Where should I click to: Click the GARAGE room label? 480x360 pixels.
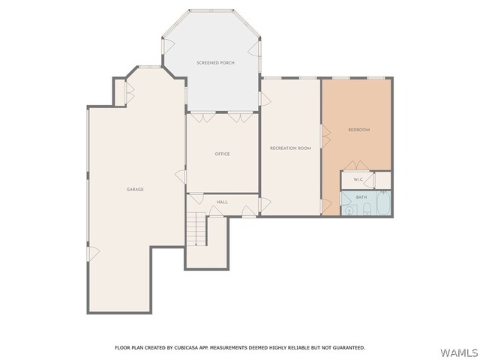pyautogui.click(x=135, y=190)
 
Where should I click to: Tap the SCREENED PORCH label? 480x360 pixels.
pyautogui.click(x=215, y=63)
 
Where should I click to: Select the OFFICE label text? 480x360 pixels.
pyautogui.click(x=222, y=154)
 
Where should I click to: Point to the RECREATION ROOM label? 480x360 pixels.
pyautogui.click(x=290, y=148)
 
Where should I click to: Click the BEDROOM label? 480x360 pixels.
pyautogui.click(x=359, y=130)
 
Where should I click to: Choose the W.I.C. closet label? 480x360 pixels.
pyautogui.click(x=358, y=179)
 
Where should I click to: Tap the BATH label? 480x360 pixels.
pyautogui.click(x=361, y=197)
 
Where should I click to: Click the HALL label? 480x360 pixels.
pyautogui.click(x=222, y=202)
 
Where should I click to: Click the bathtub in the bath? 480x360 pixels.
pyautogui.click(x=383, y=203)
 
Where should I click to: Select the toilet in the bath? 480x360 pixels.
pyautogui.click(x=367, y=209)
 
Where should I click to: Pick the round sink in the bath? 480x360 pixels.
pyautogui.click(x=348, y=211)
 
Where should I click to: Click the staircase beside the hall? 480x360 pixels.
pyautogui.click(x=196, y=229)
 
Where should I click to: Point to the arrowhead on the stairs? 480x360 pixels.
pyautogui.click(x=196, y=244)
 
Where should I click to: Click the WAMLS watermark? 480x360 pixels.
pyautogui.click(x=458, y=353)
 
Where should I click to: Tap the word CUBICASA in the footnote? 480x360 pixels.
pyautogui.click(x=185, y=348)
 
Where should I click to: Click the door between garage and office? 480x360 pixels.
pyautogui.click(x=181, y=177)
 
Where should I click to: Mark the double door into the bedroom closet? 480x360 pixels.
pyautogui.click(x=357, y=166)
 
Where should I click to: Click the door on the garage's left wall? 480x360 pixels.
pyautogui.click(x=93, y=254)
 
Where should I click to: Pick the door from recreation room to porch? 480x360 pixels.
pyautogui.click(x=265, y=98)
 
